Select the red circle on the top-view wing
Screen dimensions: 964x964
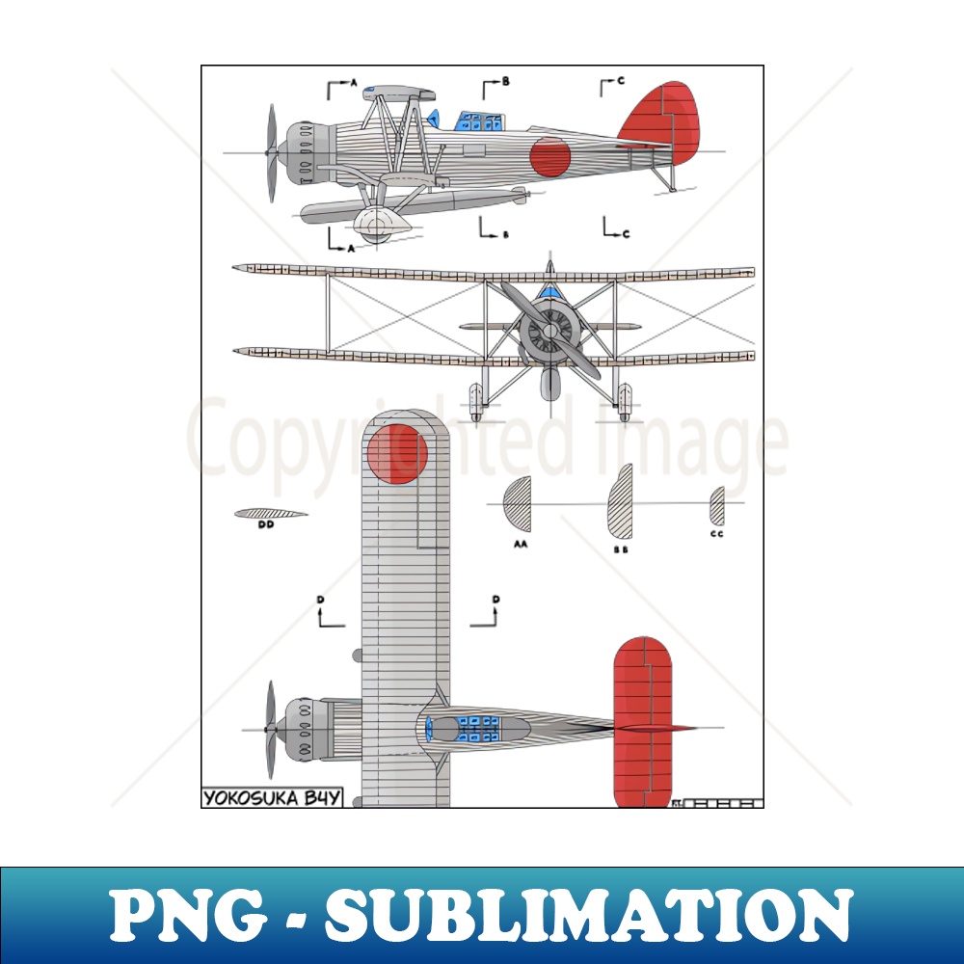(x=396, y=453)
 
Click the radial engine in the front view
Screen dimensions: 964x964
(x=549, y=331)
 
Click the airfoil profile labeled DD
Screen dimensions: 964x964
(x=269, y=514)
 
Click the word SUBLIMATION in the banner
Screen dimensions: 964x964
(x=587, y=914)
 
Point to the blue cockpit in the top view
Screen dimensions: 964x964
(x=476, y=729)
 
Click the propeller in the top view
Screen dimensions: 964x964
(x=271, y=729)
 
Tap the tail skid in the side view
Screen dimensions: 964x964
(x=666, y=178)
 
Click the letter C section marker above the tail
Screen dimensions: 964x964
(x=622, y=81)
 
